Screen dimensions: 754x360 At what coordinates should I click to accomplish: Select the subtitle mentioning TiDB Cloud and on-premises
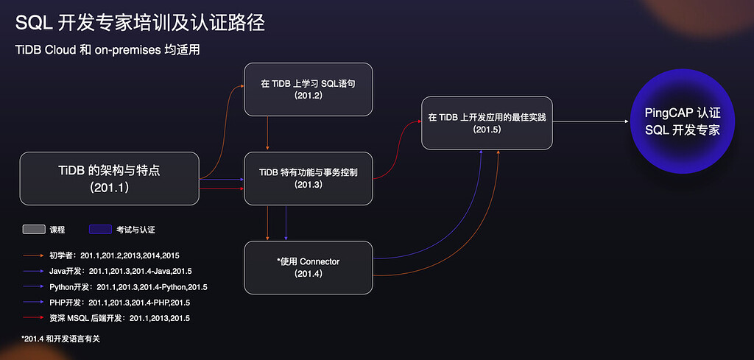pyautogui.click(x=108, y=49)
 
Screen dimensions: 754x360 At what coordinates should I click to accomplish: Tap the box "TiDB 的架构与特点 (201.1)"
pyautogui.click(x=109, y=179)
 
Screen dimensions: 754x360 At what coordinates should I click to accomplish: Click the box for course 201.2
pyautogui.click(x=309, y=89)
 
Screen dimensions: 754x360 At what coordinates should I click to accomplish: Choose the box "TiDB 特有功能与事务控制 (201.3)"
pyautogui.click(x=309, y=178)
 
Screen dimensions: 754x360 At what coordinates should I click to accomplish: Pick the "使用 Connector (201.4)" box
pyautogui.click(x=309, y=267)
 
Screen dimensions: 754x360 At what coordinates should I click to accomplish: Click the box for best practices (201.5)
pyautogui.click(x=487, y=123)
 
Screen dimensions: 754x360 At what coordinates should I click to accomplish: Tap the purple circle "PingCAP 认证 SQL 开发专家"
pyautogui.click(x=683, y=121)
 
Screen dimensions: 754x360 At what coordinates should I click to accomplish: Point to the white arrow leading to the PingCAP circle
pyautogui.click(x=591, y=121)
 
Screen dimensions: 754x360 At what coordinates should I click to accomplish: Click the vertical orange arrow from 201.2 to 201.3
pyautogui.click(x=267, y=133)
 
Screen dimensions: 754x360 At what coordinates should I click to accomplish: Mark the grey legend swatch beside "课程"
pyautogui.click(x=34, y=230)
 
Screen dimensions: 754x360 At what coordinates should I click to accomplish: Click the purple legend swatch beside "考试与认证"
pyautogui.click(x=100, y=230)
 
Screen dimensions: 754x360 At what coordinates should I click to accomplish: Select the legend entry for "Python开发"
pyautogui.click(x=115, y=287)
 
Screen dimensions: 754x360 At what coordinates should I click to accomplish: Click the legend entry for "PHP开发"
pyautogui.click(x=106, y=303)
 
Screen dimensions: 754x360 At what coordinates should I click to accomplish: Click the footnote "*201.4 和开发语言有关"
pyautogui.click(x=60, y=339)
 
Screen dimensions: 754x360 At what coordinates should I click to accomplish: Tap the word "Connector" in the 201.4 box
pyautogui.click(x=320, y=261)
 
